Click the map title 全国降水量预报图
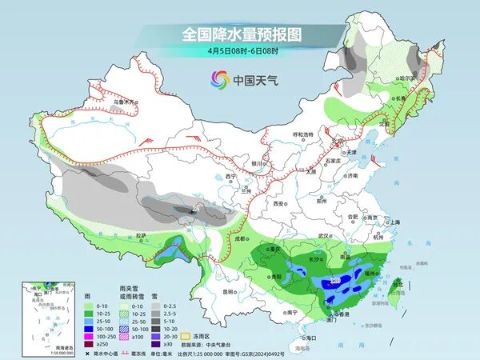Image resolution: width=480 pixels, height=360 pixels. tap(232, 34)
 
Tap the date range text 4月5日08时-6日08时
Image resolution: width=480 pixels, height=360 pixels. tap(232, 52)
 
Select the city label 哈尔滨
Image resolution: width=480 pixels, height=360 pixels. tap(409, 79)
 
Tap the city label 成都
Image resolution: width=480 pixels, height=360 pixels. tap(238, 238)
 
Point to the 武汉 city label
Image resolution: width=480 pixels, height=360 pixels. tap(323, 235)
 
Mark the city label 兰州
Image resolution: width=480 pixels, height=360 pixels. tap(234, 192)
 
